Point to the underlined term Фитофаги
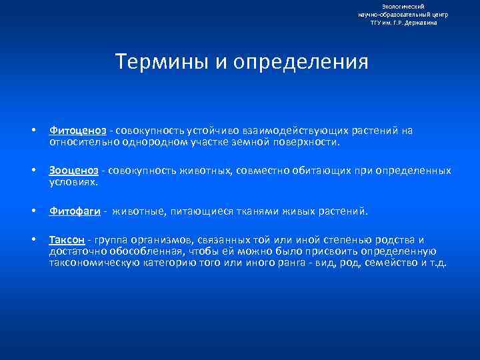74,211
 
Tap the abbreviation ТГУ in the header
377,23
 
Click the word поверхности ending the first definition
307,142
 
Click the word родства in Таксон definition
394,240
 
